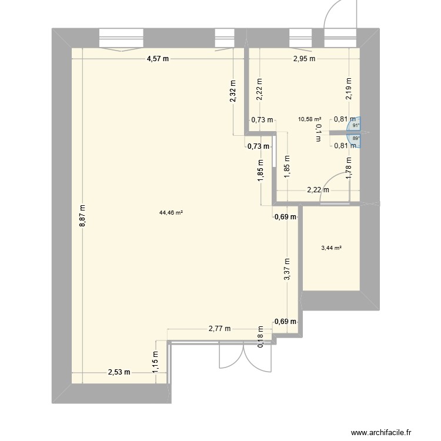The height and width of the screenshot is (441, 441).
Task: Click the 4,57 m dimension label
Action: [x=158, y=58]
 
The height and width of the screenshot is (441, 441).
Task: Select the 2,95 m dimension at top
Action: [x=304, y=58]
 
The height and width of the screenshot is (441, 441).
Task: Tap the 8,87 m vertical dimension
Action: [x=83, y=216]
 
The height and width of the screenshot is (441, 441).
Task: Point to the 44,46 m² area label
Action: [x=171, y=213]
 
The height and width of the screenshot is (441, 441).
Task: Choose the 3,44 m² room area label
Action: [x=331, y=248]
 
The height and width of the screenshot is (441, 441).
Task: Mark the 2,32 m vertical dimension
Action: [x=233, y=91]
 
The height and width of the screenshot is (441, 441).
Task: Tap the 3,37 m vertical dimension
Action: [x=287, y=270]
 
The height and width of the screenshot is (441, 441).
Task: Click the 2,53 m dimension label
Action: [x=118, y=372]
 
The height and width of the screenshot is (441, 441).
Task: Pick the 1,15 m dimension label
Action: [x=156, y=361]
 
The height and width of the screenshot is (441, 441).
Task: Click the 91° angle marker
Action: [x=355, y=125]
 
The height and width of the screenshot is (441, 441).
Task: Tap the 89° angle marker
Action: [x=355, y=139]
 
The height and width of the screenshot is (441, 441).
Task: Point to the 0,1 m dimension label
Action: [x=318, y=132]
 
